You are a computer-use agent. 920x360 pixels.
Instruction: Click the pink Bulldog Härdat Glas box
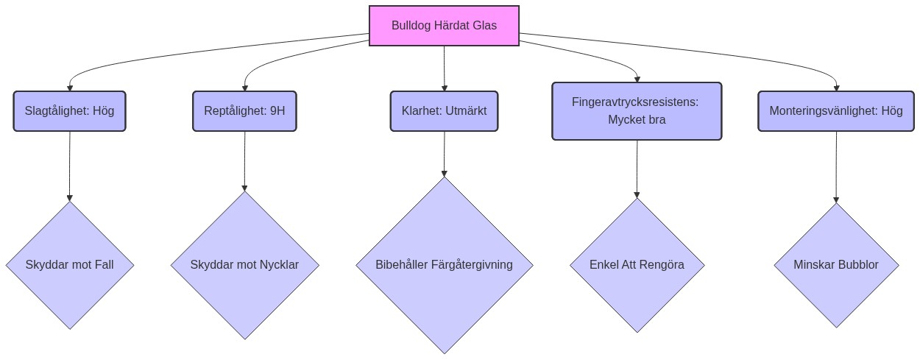(x=444, y=26)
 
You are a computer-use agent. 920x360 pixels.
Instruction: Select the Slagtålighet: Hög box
(x=70, y=111)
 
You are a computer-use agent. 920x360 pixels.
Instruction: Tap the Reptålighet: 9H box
(x=244, y=111)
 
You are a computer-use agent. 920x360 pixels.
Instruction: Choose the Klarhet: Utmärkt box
(x=444, y=111)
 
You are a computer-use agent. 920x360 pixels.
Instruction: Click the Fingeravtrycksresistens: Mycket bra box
(x=637, y=111)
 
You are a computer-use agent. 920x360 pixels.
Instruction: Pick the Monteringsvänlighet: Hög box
(x=836, y=111)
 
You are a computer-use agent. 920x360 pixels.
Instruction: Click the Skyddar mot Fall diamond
(x=70, y=265)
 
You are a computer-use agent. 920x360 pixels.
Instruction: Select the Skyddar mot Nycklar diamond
(x=244, y=265)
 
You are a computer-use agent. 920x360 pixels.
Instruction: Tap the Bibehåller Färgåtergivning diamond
(x=444, y=265)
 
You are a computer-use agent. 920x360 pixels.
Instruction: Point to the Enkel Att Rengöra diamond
(x=637, y=265)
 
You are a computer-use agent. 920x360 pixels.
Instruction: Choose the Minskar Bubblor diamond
(x=836, y=265)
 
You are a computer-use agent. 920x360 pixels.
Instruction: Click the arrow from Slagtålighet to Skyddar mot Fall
(x=70, y=166)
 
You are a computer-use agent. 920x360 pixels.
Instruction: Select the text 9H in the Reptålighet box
(x=277, y=111)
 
